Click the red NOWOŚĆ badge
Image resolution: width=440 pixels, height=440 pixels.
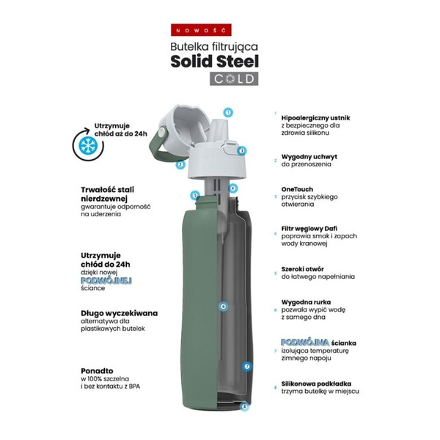[x=201, y=30]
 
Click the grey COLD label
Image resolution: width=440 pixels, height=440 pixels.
[x=234, y=79]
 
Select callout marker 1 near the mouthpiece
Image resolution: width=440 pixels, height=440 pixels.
[x=228, y=112]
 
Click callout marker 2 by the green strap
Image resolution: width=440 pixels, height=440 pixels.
[x=180, y=164]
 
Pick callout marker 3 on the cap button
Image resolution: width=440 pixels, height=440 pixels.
[x=241, y=151]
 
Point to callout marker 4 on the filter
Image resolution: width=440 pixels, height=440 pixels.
[x=232, y=188]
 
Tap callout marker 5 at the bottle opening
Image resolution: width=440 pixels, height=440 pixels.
[x=195, y=195]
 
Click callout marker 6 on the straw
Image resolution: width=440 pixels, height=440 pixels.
[x=223, y=307]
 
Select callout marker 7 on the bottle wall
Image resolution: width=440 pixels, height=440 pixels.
[x=247, y=367]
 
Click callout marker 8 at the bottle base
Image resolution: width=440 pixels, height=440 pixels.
[x=245, y=406]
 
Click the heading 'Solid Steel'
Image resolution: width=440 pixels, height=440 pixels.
[x=215, y=62]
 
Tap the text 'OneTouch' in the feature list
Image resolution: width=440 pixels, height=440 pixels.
[x=297, y=189]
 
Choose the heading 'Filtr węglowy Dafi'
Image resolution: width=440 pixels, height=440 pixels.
[x=309, y=229]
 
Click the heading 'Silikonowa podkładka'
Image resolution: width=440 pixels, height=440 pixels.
[x=316, y=384]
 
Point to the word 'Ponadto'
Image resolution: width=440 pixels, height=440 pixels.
[x=97, y=371]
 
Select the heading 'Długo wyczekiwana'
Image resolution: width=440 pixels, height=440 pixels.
[x=120, y=313]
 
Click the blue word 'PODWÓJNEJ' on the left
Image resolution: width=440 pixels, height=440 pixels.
[x=106, y=281]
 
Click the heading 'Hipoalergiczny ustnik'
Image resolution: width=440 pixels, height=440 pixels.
[x=315, y=118]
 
